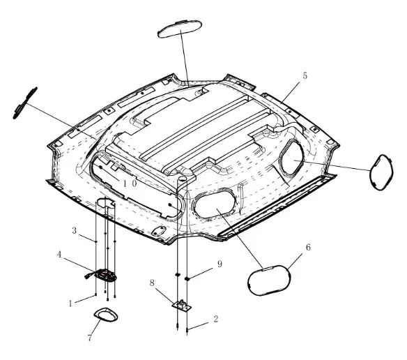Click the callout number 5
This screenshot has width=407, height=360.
click(x=305, y=76)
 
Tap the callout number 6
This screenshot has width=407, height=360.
click(x=308, y=247)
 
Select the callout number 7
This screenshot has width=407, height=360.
click(x=89, y=338)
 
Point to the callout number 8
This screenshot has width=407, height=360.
click(x=152, y=283)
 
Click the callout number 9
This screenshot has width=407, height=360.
click(x=220, y=264)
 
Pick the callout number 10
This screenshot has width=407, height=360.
click(x=130, y=183)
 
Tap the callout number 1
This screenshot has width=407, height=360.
click(x=70, y=303)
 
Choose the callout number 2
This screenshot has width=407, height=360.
click(x=216, y=320)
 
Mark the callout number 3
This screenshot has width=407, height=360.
click(x=75, y=230)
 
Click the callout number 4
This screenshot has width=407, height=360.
click(x=59, y=254)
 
